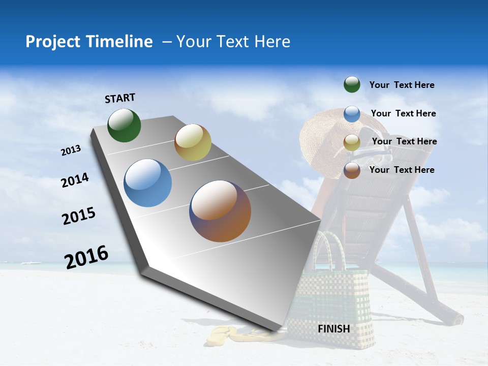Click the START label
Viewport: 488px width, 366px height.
pos(120,98)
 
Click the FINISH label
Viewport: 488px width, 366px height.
pos(333,329)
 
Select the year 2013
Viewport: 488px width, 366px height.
pos(71,150)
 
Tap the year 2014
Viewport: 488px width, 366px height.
pos(75,180)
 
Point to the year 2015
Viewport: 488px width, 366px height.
pos(79,216)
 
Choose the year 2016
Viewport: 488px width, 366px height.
pos(86,257)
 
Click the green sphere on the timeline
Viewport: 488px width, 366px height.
pos(124,125)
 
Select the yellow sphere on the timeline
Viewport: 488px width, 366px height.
pos(193,142)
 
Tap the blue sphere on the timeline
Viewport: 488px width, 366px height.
pos(147,183)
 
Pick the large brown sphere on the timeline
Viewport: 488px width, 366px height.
pos(220,211)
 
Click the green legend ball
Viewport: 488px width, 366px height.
pos(352,84)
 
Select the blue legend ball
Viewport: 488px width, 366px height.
pos(352,113)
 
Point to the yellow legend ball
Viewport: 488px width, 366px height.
pos(352,142)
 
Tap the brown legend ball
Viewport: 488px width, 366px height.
pos(352,170)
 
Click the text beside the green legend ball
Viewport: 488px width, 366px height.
pos(402,85)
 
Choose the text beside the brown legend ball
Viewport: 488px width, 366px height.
pos(402,170)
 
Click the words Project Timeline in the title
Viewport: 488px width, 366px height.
pos(89,42)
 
